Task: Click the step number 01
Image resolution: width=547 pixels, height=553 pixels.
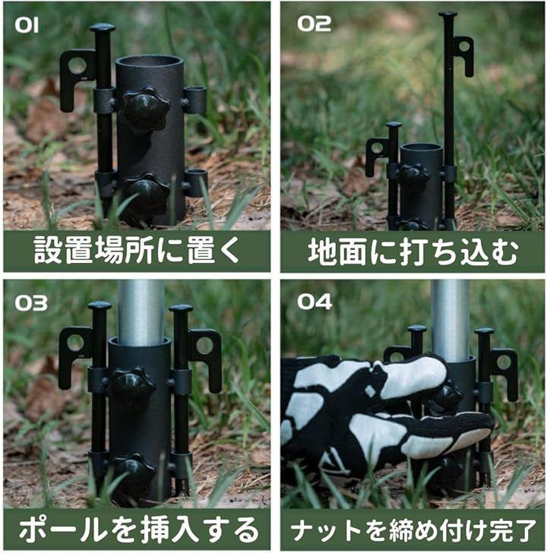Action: click(27, 25)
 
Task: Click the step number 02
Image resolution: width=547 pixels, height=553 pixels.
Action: click(314, 24)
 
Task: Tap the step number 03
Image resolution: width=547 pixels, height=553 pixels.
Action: click(31, 303)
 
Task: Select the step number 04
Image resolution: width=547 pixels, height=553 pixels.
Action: click(315, 302)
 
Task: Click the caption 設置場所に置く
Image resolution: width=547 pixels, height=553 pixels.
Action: click(137, 250)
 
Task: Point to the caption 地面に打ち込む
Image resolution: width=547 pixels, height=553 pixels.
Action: click(413, 251)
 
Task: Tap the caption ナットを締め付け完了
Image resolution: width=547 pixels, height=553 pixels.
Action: click(413, 530)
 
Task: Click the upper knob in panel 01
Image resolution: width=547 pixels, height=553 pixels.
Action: click(146, 108)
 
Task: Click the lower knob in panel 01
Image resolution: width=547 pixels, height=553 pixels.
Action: click(147, 194)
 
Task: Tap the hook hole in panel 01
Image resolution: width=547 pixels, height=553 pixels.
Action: click(77, 65)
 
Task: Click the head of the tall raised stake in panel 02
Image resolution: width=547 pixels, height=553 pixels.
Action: click(448, 15)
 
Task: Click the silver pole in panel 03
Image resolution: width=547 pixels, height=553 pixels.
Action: click(141, 313)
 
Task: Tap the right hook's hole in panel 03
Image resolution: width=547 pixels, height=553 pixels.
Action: click(204, 346)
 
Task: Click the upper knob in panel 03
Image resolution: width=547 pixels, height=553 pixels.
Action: click(133, 385)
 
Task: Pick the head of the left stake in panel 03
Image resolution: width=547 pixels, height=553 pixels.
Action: click(100, 305)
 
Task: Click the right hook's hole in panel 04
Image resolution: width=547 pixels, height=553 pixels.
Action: click(504, 362)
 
